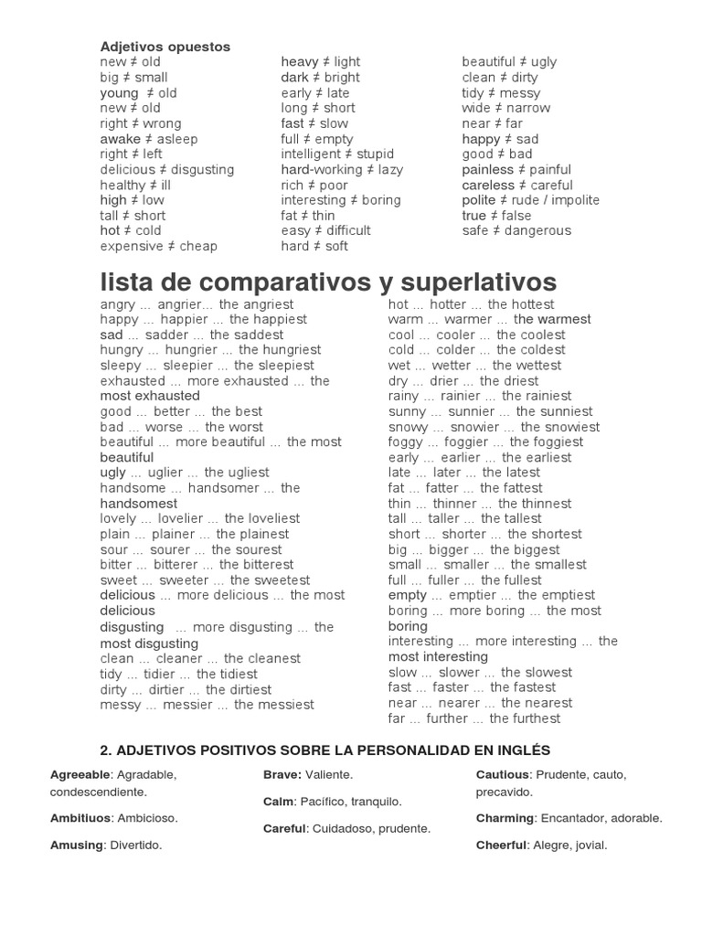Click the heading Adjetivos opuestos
click(165, 47)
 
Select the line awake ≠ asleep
click(149, 139)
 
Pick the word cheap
click(198, 246)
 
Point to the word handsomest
click(139, 504)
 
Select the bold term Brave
click(282, 775)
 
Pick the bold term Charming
click(505, 818)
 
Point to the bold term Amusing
click(77, 846)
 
